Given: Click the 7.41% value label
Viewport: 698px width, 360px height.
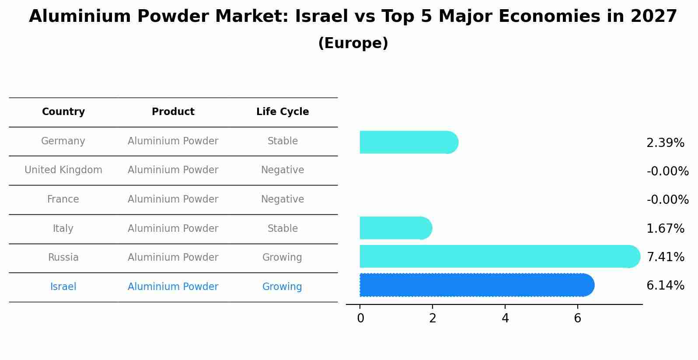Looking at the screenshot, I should click(x=665, y=257).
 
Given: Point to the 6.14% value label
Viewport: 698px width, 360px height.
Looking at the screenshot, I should click(x=665, y=286).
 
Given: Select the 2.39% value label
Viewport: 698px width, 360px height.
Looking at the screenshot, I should click(x=665, y=143).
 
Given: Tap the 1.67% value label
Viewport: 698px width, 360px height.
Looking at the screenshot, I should click(x=665, y=228).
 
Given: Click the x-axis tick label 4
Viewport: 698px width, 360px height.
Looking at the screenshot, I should click(x=505, y=318).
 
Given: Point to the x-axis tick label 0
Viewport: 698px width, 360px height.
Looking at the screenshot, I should click(x=360, y=318).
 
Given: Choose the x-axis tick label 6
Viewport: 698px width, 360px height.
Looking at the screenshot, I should click(x=577, y=318).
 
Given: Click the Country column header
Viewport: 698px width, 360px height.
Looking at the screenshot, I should click(x=63, y=112).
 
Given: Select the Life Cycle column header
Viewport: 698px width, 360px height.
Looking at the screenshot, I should click(x=283, y=112).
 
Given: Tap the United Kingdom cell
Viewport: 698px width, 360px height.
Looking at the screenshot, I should click(x=63, y=170).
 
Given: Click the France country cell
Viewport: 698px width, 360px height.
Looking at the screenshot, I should click(x=63, y=199).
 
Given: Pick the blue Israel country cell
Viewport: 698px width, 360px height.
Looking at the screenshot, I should click(x=63, y=287).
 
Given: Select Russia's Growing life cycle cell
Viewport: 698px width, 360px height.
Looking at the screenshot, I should click(x=282, y=258).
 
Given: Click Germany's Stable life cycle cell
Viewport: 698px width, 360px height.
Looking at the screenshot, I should click(x=283, y=141).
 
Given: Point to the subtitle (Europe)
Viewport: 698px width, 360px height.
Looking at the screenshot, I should click(x=353, y=43).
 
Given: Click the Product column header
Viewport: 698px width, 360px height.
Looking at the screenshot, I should click(x=173, y=112).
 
